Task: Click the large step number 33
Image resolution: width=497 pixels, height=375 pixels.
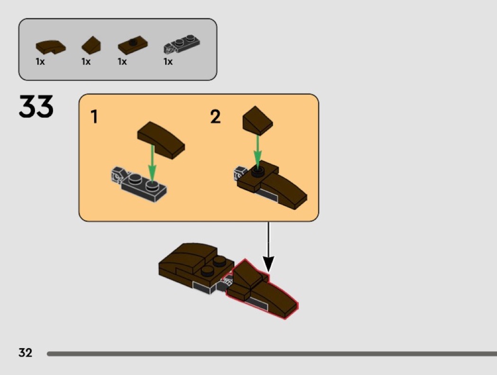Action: pos(36,106)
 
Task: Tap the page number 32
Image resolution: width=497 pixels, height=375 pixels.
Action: pos(26,352)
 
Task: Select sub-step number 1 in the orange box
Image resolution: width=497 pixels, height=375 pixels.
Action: pos(94,116)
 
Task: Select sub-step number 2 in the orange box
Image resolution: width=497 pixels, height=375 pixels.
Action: pos(215,116)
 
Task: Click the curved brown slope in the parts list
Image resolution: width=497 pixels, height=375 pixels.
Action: pos(51,47)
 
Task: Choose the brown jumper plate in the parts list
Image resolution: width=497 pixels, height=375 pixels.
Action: pos(133,45)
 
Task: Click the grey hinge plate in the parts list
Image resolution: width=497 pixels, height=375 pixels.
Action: pos(182,44)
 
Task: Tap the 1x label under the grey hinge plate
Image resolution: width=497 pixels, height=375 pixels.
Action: pos(168,61)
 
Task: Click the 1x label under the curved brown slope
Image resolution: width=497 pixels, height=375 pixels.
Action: pos(40,61)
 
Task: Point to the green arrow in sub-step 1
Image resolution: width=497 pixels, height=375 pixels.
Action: pos(152,166)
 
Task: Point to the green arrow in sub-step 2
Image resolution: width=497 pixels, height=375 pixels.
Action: pos(257,151)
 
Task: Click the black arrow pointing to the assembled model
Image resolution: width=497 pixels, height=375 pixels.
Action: pos(268,247)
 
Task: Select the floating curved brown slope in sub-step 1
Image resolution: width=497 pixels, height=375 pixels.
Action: pos(161,140)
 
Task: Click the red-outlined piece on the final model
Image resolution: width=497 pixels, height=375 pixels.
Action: pos(261,289)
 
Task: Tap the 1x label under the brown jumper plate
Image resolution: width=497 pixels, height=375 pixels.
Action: pos(122,61)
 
